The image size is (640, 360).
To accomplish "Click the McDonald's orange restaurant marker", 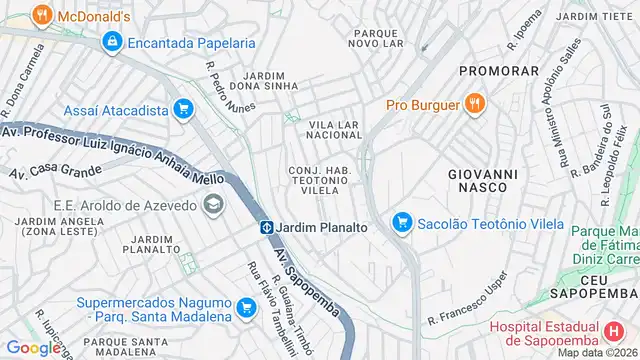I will [x=41, y=15].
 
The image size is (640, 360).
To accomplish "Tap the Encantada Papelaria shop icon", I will [x=112, y=43].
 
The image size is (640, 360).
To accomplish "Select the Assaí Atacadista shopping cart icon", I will [x=182, y=110].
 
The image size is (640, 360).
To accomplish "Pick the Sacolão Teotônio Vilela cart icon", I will [x=402, y=222].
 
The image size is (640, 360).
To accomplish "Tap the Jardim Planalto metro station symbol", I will [x=268, y=227].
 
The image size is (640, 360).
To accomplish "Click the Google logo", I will [x=33, y=347].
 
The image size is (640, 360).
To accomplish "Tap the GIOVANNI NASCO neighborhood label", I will [x=483, y=179].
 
